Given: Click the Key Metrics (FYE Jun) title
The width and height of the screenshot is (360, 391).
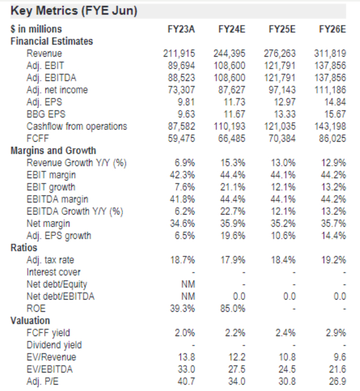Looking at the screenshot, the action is pyautogui.click(x=74, y=11).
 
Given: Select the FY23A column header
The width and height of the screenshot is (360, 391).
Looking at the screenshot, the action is pyautogui.click(x=181, y=29).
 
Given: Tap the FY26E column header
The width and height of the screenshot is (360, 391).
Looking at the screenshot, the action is pyautogui.click(x=332, y=29).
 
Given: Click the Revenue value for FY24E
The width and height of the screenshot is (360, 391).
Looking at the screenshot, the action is pyautogui.click(x=229, y=53).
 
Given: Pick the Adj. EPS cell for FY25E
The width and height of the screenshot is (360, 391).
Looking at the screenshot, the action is pyautogui.click(x=285, y=102).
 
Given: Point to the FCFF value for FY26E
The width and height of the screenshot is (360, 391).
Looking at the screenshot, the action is pyautogui.click(x=332, y=138).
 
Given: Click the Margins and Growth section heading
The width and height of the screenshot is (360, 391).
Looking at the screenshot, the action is pyautogui.click(x=53, y=150).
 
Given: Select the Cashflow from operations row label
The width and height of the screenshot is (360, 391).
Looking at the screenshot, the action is pyautogui.click(x=77, y=127).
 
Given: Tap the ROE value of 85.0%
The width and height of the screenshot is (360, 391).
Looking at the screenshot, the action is pyautogui.click(x=233, y=309).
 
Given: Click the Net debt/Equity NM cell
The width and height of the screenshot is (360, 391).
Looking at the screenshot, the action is pyautogui.click(x=188, y=284).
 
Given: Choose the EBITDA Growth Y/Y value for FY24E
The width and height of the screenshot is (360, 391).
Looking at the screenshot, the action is pyautogui.click(x=233, y=212).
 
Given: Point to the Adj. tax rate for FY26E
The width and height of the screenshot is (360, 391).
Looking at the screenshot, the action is pyautogui.click(x=333, y=260).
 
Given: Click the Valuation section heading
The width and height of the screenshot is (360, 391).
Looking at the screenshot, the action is pyautogui.click(x=30, y=320).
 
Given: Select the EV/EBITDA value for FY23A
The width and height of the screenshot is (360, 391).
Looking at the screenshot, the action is pyautogui.click(x=186, y=369).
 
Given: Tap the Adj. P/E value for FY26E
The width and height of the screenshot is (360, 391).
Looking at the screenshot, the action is pyautogui.click(x=337, y=382).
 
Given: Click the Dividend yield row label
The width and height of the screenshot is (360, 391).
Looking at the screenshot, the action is pyautogui.click(x=54, y=345).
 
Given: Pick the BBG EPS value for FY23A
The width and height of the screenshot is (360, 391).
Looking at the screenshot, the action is pyautogui.click(x=186, y=114).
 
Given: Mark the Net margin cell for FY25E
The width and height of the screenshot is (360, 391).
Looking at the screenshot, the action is pyautogui.click(x=283, y=224).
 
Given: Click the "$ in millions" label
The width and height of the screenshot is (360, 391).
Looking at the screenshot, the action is pyautogui.click(x=36, y=29).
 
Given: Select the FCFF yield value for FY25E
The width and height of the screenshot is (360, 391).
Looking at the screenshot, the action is pyautogui.click(x=285, y=333).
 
